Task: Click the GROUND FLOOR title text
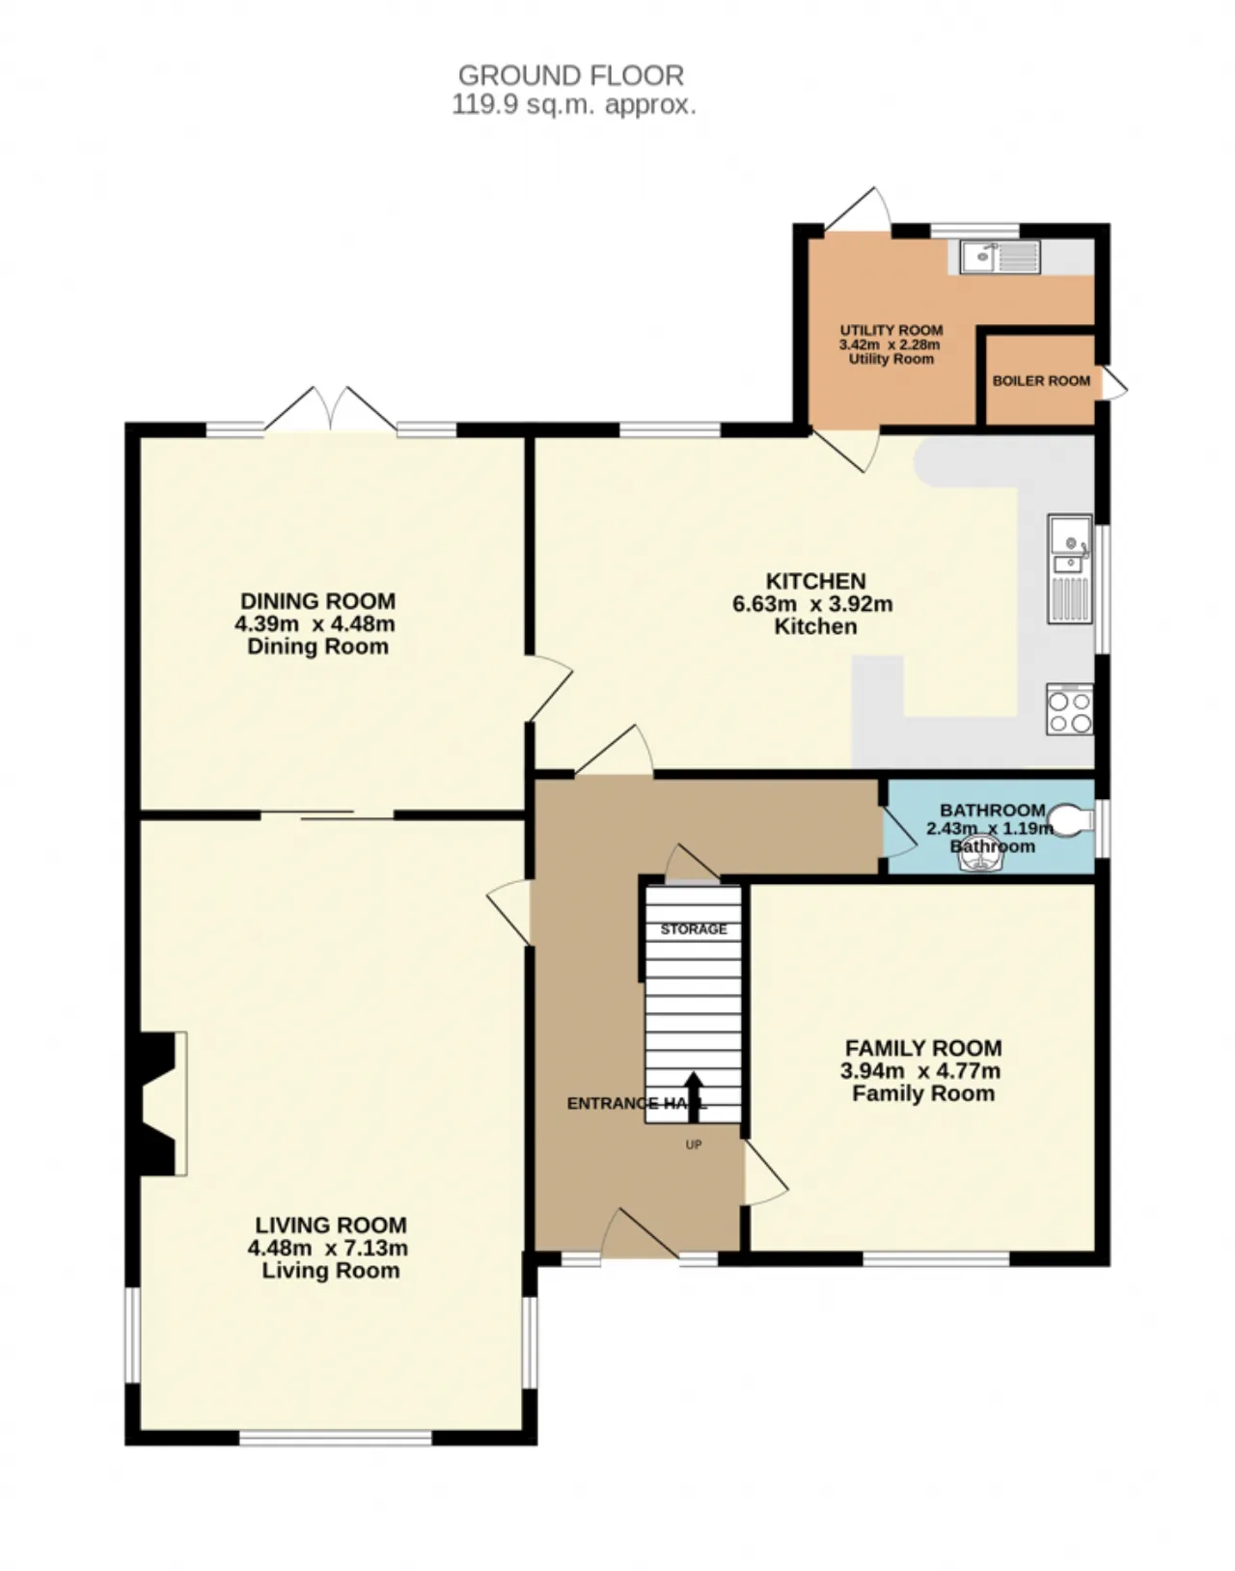(571, 75)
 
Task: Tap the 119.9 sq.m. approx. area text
(574, 104)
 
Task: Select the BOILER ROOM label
(1041, 380)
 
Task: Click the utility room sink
(1000, 257)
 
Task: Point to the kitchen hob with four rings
(1070, 709)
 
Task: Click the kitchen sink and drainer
(1070, 569)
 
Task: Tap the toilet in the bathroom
(1072, 818)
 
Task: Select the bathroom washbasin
(983, 862)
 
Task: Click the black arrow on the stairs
(694, 1096)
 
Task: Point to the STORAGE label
(694, 929)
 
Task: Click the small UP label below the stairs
(694, 1144)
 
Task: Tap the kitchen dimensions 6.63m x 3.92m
(812, 604)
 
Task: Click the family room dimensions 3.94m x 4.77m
(919, 1071)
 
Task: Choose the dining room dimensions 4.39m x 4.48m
(315, 623)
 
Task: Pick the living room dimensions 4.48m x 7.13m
(328, 1248)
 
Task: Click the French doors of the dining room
(331, 409)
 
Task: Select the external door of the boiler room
(1113, 382)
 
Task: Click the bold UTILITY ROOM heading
(892, 330)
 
